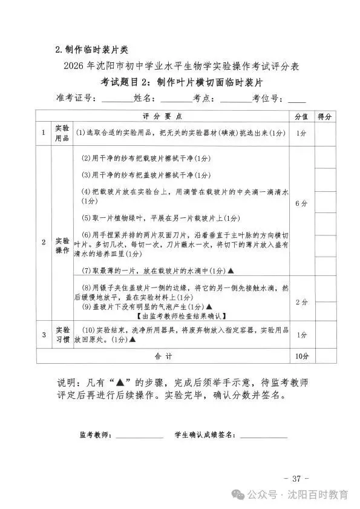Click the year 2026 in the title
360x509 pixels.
tap(74, 66)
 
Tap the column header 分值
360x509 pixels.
tap(301, 116)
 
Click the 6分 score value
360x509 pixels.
tap(301, 203)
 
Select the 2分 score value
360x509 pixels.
tap(301, 301)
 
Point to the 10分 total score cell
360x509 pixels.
tap(301, 356)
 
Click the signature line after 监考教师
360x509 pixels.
tap(140, 436)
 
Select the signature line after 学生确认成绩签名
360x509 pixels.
tap(264, 436)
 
